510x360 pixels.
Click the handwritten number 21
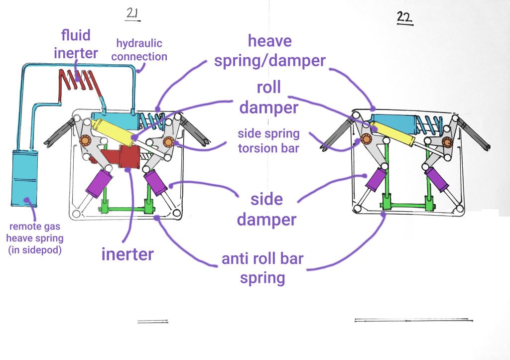(132, 14)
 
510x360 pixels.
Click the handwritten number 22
(405, 18)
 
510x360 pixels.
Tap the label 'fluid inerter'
(76, 44)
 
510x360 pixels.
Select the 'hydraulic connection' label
(139, 50)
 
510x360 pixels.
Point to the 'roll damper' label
(269, 97)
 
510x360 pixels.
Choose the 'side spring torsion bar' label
(268, 140)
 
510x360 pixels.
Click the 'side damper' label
(266, 209)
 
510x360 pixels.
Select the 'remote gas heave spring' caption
(34, 238)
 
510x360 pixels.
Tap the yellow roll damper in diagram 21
(112, 130)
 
